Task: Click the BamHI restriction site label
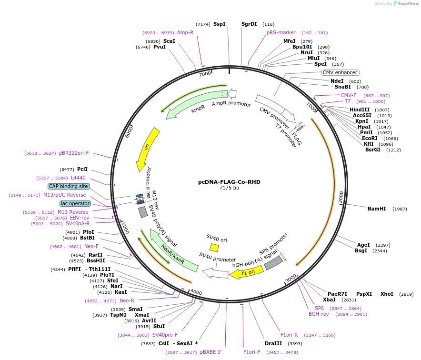(x=376, y=209)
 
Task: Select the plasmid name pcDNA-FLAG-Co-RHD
(x=229, y=182)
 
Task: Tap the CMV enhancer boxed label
(x=340, y=72)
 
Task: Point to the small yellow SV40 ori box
(x=214, y=248)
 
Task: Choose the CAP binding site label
(x=68, y=186)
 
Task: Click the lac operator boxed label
(x=75, y=203)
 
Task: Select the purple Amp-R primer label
(x=185, y=32)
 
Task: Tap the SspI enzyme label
(x=220, y=24)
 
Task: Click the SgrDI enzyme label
(x=249, y=24)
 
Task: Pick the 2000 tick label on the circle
(x=341, y=196)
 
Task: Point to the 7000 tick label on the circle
(x=205, y=74)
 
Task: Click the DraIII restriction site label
(x=273, y=343)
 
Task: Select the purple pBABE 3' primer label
(x=210, y=352)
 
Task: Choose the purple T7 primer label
(x=348, y=101)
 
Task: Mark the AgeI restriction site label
(x=363, y=245)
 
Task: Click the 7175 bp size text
(x=229, y=188)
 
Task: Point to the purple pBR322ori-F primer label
(x=74, y=153)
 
